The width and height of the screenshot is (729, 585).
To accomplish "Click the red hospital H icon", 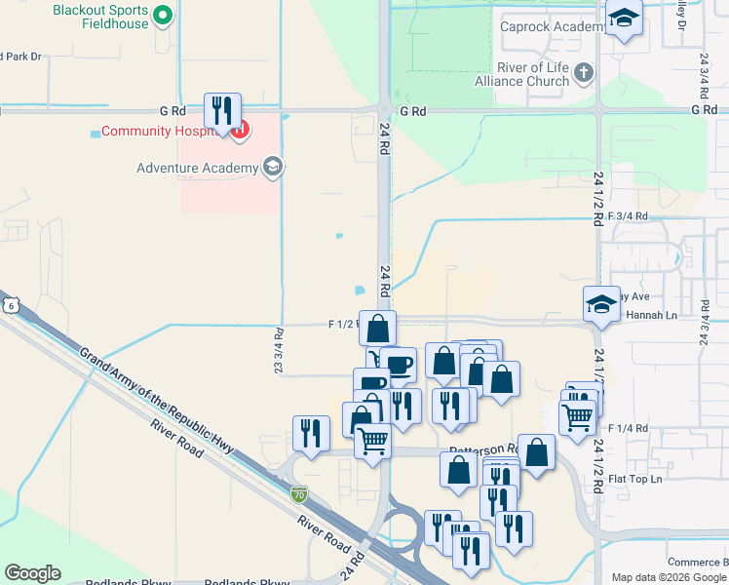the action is pyautogui.click(x=238, y=129).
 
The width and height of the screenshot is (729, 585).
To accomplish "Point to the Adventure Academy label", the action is pyautogui.click(x=197, y=168).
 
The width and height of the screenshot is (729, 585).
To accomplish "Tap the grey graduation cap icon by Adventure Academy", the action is pyautogui.click(x=273, y=167).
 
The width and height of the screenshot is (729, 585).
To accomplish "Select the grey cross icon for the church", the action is pyautogui.click(x=584, y=72).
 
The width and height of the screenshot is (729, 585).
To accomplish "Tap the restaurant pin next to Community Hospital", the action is pyautogui.click(x=222, y=110).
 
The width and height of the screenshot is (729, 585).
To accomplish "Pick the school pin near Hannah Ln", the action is pyautogui.click(x=601, y=304).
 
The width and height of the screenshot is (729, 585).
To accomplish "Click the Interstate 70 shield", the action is pyautogui.click(x=299, y=495).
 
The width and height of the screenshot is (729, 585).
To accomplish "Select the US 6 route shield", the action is pyautogui.click(x=9, y=305).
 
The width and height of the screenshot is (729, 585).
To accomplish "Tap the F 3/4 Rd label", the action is pyautogui.click(x=627, y=214).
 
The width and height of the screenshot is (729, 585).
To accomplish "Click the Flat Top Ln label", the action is pyautogui.click(x=634, y=479).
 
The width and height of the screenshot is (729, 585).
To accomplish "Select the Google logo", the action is pyautogui.click(x=32, y=573).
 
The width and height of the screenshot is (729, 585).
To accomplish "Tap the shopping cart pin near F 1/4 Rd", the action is pyautogui.click(x=578, y=416).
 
